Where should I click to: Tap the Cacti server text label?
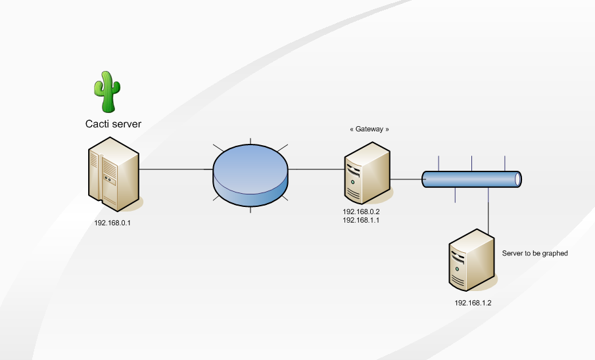113,124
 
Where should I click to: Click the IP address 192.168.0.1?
113,223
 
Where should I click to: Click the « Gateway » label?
369,129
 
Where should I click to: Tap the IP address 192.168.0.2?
362,212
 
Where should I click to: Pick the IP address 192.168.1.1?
362,221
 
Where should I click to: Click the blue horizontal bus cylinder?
470,178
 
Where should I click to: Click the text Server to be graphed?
535,253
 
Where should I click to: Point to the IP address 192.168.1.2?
473,303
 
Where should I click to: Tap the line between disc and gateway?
316,169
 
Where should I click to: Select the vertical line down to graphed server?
488,210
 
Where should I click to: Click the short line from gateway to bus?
406,178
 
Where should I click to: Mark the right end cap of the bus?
518,178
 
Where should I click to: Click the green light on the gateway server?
353,181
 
